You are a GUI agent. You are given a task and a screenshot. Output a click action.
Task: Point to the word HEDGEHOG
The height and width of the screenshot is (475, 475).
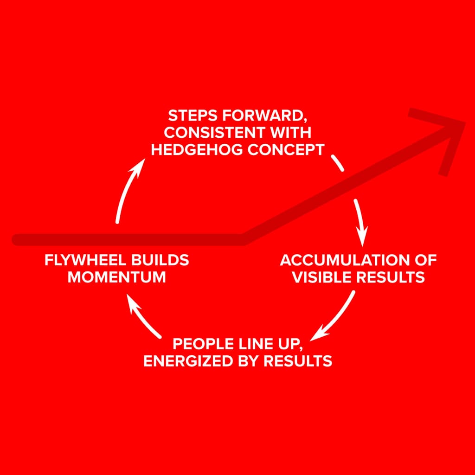point(196,150)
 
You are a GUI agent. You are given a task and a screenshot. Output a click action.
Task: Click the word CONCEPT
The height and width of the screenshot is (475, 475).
point(286,150)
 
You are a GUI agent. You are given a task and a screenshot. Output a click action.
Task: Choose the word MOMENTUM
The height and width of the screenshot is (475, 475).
point(116,277)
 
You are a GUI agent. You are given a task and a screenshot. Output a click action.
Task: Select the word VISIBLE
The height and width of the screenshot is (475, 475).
point(321,277)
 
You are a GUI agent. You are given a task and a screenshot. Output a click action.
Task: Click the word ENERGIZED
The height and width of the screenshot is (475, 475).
point(186,361)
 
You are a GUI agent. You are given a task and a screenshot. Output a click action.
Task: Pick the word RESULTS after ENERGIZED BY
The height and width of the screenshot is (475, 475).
point(298,361)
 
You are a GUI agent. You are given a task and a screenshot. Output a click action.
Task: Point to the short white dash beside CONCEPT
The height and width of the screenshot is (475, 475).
point(338,163)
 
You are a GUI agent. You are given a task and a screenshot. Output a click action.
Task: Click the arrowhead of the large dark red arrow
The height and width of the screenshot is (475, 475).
point(449,133)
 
